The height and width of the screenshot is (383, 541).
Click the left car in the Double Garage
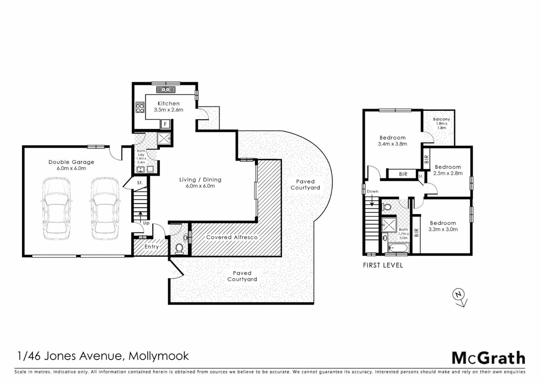[56, 209]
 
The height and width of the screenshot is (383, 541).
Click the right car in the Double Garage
[105, 209]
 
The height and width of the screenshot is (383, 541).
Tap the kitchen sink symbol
[166, 90]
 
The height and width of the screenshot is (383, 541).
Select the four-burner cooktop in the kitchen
[140, 107]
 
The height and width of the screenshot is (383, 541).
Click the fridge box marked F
[165, 124]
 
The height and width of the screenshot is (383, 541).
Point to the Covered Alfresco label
[232, 237]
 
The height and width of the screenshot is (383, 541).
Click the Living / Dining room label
[200, 180]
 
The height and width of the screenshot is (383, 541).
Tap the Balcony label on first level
[442, 119]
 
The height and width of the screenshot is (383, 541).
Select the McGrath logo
[488, 358]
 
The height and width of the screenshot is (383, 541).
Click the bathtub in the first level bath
[398, 248]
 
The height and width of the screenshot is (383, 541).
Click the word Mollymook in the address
[159, 356]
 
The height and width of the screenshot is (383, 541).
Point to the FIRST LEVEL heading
[383, 265]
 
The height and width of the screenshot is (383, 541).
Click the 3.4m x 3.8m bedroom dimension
[393, 144]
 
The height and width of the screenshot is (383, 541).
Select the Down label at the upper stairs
[373, 191]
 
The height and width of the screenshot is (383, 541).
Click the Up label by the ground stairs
[146, 223]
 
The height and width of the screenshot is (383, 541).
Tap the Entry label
[152, 246]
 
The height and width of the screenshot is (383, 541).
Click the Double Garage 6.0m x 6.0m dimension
[71, 168]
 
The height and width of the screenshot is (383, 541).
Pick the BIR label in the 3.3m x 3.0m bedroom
[416, 232]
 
